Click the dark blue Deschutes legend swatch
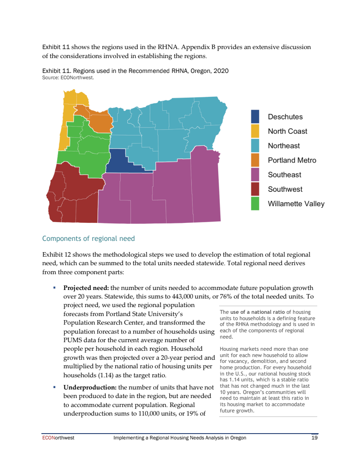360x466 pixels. [255, 117]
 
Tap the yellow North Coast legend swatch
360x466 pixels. [255, 131]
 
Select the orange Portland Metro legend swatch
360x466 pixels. [255, 160]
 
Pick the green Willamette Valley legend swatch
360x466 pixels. [255, 204]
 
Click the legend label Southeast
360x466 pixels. [284, 175]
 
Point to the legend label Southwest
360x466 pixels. [285, 189]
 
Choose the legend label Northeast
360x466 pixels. [283, 146]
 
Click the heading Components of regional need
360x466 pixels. [88, 239]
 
